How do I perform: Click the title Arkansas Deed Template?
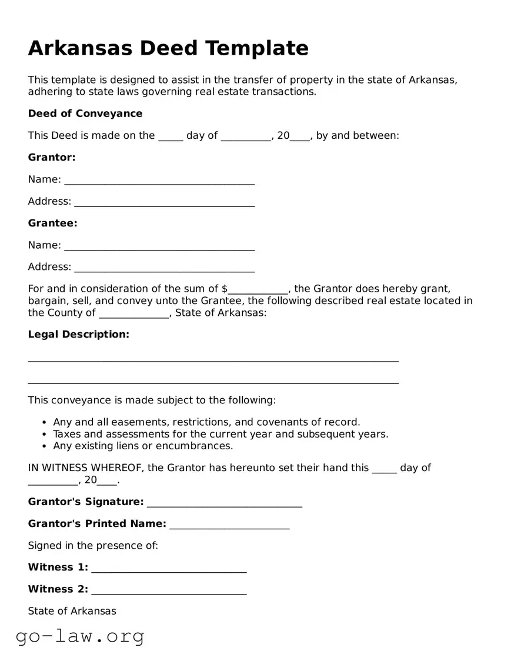168,48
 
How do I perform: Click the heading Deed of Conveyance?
85,113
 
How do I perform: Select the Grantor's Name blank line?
159,181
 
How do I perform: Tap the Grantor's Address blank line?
165,202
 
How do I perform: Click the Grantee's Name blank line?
159,246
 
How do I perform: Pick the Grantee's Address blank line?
165,268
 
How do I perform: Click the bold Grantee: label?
53,223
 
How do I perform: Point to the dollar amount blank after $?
258,290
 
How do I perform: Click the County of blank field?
134,314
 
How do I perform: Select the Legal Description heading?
79,335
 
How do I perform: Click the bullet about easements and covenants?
206,422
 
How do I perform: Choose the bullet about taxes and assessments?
221,435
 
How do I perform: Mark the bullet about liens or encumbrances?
143,446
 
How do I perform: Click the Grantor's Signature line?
225,503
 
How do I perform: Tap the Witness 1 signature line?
169,569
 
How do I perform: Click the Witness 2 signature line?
169,590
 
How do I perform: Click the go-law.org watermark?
80,636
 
